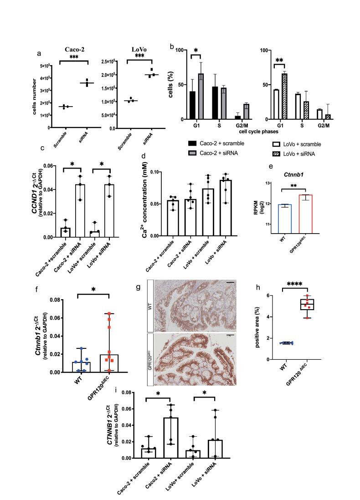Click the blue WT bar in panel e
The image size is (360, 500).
click(x=284, y=221)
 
